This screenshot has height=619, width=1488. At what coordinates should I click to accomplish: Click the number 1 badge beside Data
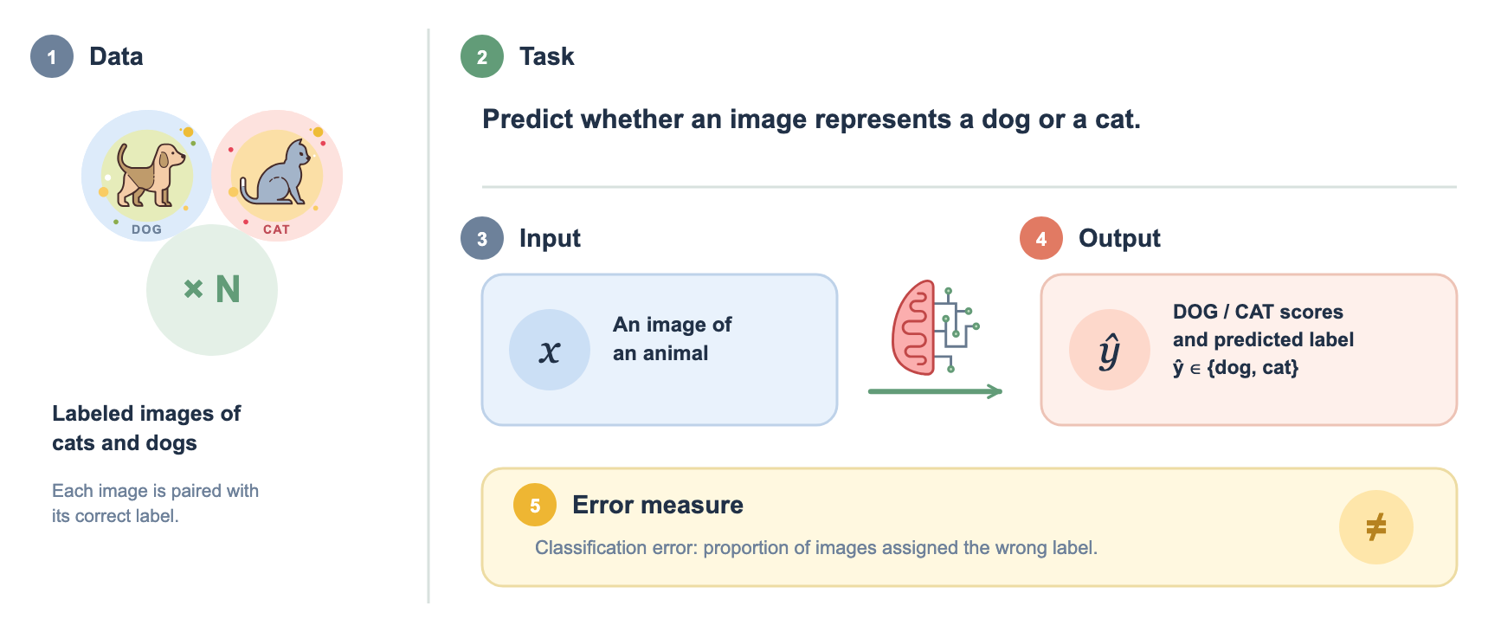click(x=52, y=56)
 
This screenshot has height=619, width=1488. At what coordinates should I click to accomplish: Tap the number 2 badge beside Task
click(x=482, y=56)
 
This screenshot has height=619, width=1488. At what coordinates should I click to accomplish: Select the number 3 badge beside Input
click(x=482, y=238)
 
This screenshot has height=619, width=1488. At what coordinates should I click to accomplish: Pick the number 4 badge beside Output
click(x=1041, y=238)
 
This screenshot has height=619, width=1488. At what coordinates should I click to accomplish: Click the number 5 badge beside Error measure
click(x=535, y=505)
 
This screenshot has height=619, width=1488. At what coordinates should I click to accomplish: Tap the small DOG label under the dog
click(x=146, y=229)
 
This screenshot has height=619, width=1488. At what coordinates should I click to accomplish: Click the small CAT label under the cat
click(x=276, y=229)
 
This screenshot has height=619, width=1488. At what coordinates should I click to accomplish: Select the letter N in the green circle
click(x=228, y=289)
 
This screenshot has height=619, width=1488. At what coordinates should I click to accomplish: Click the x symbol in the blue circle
click(x=550, y=351)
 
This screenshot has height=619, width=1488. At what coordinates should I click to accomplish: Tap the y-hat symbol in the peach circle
click(x=1109, y=351)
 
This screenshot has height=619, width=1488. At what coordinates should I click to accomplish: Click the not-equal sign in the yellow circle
click(x=1375, y=526)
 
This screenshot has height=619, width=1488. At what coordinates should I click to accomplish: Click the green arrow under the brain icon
click(x=935, y=391)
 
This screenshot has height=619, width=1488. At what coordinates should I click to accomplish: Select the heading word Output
click(x=1119, y=238)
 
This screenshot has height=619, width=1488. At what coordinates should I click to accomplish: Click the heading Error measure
click(x=658, y=505)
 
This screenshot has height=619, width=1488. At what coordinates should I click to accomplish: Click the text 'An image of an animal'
click(x=673, y=339)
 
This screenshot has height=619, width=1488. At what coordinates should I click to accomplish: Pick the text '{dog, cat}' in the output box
click(x=1253, y=367)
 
